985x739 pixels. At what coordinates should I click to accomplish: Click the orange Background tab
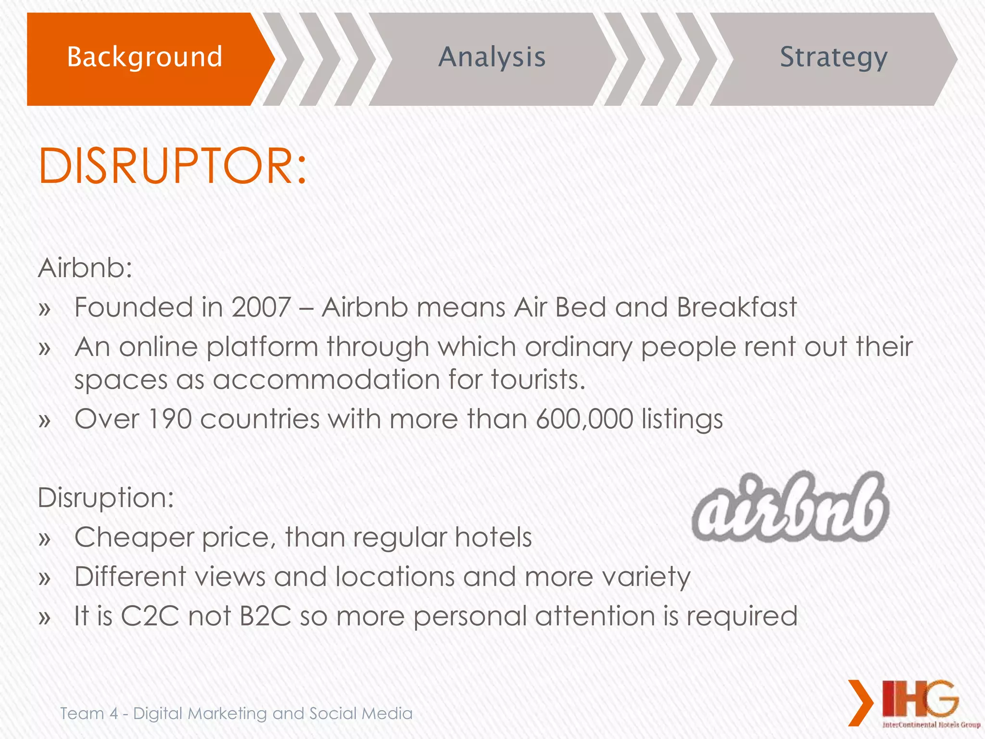pyautogui.click(x=144, y=58)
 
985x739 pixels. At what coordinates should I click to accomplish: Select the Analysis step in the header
pyautogui.click(x=492, y=58)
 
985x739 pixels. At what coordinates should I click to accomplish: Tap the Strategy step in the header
pyautogui.click(x=833, y=58)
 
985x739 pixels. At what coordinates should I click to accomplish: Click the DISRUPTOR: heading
pyautogui.click(x=172, y=166)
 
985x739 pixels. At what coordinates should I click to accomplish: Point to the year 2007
pyautogui.click(x=261, y=307)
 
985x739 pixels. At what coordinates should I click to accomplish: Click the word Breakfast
pyautogui.click(x=737, y=307)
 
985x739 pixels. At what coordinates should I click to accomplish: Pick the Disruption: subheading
pyautogui.click(x=106, y=497)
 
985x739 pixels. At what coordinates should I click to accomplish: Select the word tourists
pyautogui.click(x=538, y=380)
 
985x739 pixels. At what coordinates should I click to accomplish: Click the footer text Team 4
pyautogui.click(x=89, y=714)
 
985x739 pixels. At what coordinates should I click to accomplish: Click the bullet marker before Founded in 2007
pyautogui.click(x=45, y=309)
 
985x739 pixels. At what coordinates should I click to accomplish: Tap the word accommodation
pyautogui.click(x=326, y=380)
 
